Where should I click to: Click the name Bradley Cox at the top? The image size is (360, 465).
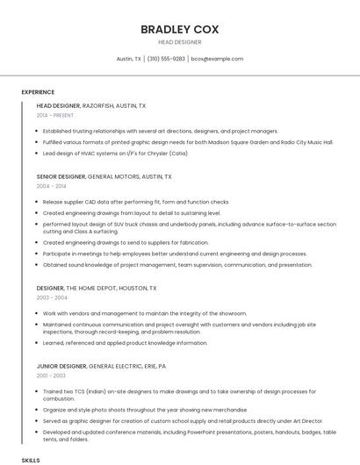pyautogui.click(x=179, y=29)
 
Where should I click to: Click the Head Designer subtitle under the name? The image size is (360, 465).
pyautogui.click(x=179, y=42)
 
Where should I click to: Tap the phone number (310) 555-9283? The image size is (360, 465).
pyautogui.click(x=166, y=59)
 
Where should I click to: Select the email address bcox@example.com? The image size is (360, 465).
pyautogui.click(x=217, y=59)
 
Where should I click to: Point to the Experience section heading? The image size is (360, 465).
pyautogui.click(x=38, y=92)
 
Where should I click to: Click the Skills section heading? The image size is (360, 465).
pyautogui.click(x=31, y=459)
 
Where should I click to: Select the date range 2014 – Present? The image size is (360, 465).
pyautogui.click(x=54, y=115)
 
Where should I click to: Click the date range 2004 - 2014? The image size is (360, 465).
pyautogui.click(x=51, y=186)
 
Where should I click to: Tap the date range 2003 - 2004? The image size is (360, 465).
pyautogui.click(x=51, y=297)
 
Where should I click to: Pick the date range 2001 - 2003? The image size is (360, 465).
pyautogui.click(x=51, y=376)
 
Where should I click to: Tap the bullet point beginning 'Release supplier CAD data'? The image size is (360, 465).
pyautogui.click(x=135, y=202)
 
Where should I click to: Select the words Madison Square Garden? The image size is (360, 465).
pyautogui.click(x=241, y=141)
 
